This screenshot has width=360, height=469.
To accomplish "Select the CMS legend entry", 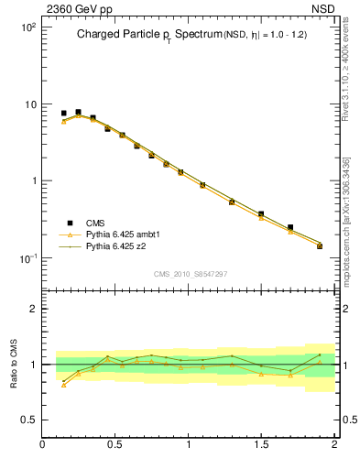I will coord(96,222).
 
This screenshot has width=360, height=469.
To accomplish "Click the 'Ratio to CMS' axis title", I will coord(14,365).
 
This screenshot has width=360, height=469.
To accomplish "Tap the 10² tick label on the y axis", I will coord(27,27).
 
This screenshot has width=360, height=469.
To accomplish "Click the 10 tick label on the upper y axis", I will coord(29,104).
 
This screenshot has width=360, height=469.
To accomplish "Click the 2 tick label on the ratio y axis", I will coord(33,310).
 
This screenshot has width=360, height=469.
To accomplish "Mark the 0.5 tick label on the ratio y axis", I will coord(27,420).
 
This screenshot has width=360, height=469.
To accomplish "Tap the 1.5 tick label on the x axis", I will coord(262,444).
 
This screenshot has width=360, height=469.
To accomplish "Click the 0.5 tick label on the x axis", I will coord(115,444).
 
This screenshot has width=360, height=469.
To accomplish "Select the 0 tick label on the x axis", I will coord(42,444).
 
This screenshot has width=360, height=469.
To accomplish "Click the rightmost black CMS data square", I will coord(320,245).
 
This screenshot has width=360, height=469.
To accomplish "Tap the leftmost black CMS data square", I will coord(63,114).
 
